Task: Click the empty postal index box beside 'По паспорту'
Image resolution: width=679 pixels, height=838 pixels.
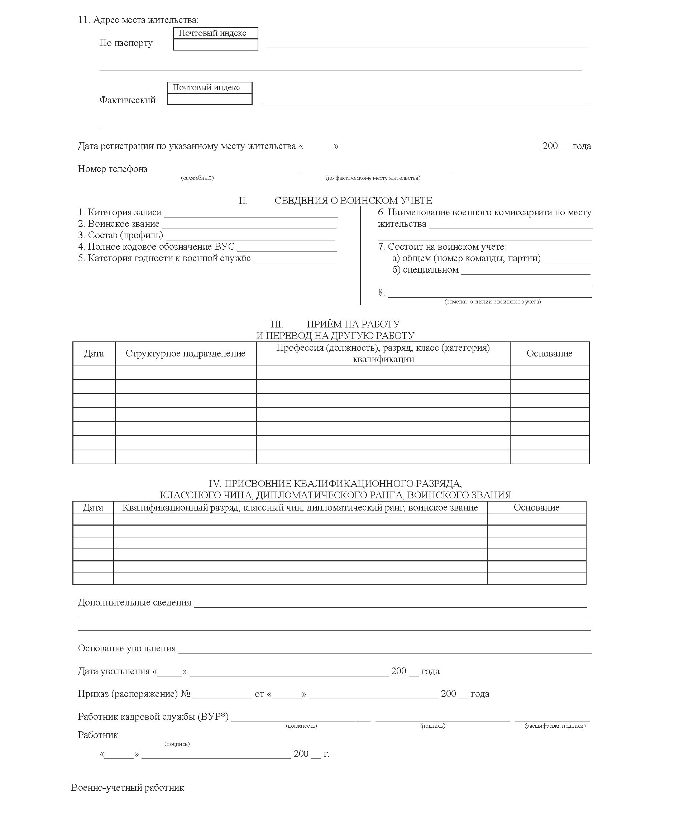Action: [x=215, y=44]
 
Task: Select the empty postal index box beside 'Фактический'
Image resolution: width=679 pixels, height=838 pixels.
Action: [x=210, y=99]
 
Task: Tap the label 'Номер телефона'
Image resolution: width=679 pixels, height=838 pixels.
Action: [x=113, y=169]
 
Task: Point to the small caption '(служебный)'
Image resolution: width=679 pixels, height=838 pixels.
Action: [x=197, y=178]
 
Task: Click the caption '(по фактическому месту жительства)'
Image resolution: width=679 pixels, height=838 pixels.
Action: [x=373, y=178]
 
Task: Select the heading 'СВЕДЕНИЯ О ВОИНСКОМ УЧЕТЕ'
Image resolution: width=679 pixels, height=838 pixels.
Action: [x=353, y=201]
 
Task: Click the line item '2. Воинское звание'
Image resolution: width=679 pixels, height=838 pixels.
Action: [x=119, y=224]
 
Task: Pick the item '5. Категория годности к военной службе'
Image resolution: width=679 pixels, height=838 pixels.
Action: [x=164, y=258]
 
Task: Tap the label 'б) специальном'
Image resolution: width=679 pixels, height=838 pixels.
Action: [x=425, y=270]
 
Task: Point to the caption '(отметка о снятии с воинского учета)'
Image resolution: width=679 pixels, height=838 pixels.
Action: [x=492, y=302]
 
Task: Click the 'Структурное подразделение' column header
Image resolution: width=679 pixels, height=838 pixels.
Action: [x=185, y=354]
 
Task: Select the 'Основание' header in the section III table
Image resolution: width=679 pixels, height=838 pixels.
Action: [x=549, y=354]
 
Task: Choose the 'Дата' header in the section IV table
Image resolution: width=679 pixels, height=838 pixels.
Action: [x=93, y=508]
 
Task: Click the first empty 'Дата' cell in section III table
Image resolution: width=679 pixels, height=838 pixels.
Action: [x=94, y=372]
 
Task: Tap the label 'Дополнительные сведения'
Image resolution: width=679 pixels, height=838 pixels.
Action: [x=135, y=603]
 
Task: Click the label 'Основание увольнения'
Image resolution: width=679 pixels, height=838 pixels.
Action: [x=127, y=648]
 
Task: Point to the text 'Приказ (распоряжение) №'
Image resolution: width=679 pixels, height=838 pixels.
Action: [x=134, y=694]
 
